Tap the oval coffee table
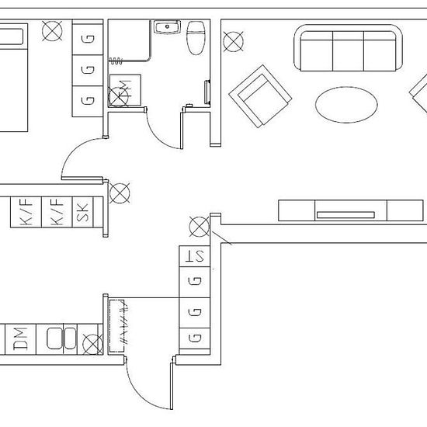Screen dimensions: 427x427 (346, 105)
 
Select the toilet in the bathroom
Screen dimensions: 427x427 (196, 38)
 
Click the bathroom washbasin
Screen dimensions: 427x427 (167, 27)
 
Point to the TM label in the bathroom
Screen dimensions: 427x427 (124, 89)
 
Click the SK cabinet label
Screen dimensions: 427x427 (83, 212)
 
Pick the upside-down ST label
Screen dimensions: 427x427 (194, 256)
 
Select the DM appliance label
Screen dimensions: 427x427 (20, 338)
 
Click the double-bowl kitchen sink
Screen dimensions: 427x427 (61, 338)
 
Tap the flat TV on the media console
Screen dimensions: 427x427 (345, 215)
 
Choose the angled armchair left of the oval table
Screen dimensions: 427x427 (260, 96)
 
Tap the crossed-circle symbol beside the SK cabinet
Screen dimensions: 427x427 (120, 193)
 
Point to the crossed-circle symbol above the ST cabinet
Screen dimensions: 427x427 (200, 227)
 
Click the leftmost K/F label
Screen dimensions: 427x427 (26, 212)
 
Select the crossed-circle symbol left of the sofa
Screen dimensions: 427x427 (234, 42)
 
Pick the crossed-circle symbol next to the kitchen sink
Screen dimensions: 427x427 (92, 344)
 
